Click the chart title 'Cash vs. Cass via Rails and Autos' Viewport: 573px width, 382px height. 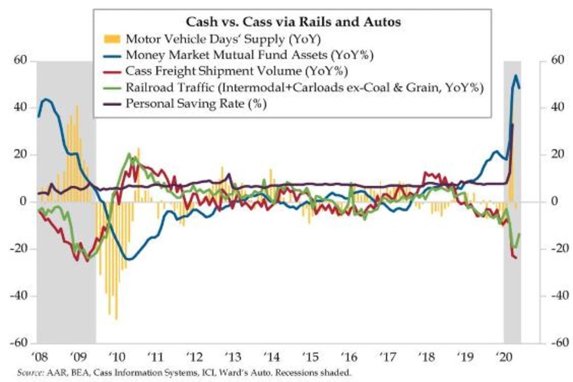(x=292, y=21)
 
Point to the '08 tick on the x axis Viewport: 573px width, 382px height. (x=38, y=355)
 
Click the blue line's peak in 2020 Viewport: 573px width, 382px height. (x=516, y=75)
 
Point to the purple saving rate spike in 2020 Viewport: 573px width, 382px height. (x=512, y=125)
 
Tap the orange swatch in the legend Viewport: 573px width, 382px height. (x=111, y=38)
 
